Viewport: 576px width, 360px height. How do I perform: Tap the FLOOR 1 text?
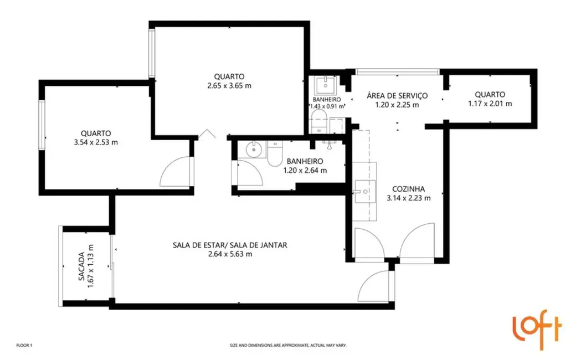click(25, 345)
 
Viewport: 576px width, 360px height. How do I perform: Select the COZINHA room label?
click(408, 188)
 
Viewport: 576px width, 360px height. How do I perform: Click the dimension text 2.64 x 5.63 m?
click(230, 254)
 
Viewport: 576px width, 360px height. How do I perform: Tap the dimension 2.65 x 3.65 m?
click(230, 86)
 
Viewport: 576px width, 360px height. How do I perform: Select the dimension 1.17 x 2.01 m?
click(490, 104)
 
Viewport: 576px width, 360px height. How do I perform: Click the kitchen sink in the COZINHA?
click(364, 192)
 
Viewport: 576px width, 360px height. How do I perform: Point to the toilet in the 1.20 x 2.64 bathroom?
click(275, 153)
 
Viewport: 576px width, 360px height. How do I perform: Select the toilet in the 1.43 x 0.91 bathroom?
click(319, 119)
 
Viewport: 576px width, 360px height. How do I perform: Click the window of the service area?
click(397, 71)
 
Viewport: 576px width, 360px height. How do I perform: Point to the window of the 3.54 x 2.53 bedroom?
click(42, 125)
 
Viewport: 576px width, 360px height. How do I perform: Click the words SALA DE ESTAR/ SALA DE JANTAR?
click(230, 245)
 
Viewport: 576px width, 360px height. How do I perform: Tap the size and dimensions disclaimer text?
click(288, 345)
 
